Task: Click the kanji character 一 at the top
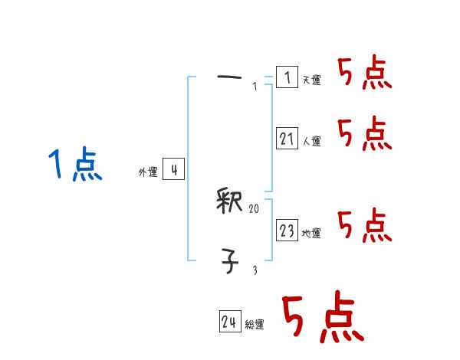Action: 229,77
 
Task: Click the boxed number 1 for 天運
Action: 287,77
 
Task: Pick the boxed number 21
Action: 287,139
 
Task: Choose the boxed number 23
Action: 287,231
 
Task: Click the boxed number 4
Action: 173,170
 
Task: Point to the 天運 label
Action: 311,80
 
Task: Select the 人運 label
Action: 311,141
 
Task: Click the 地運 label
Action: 311,233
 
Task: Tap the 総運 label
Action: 255,325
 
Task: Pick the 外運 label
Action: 148,172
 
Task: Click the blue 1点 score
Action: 75,165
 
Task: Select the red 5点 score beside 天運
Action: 364,74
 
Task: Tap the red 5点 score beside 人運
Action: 364,134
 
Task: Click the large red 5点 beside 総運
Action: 321,318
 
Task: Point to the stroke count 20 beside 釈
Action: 255,208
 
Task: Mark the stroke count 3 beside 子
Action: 255,270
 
